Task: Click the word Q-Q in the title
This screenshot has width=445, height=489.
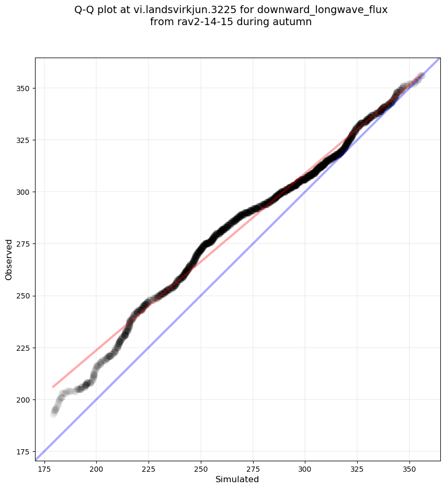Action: click(86, 10)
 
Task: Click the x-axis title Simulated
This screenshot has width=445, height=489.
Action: click(237, 479)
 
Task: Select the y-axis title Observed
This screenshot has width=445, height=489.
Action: click(9, 259)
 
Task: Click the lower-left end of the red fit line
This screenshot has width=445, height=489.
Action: click(53, 387)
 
